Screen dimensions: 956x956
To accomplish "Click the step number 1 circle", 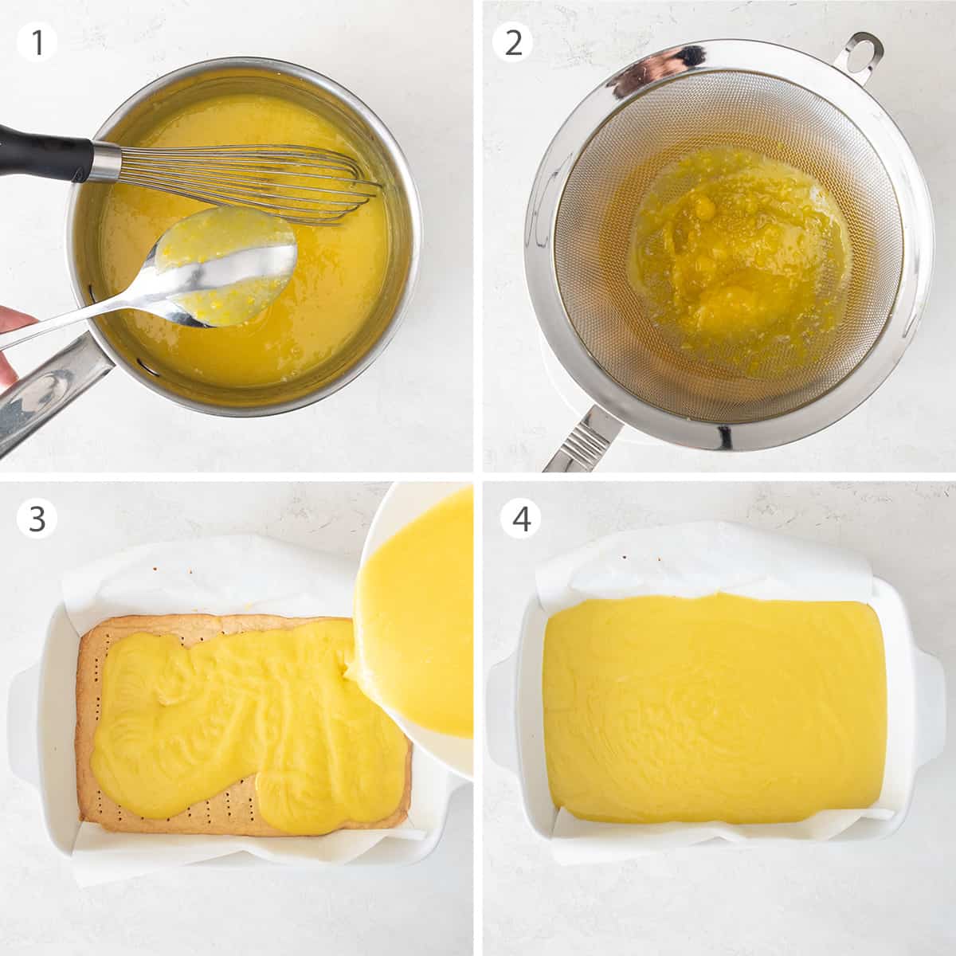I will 37,42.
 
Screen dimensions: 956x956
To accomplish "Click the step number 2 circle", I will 514,42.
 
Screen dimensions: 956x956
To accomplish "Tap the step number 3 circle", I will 37,519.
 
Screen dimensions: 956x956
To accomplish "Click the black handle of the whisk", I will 44,151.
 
